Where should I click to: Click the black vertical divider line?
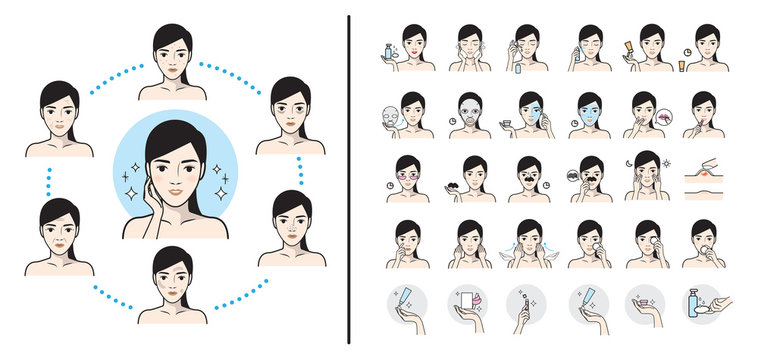tap(349, 180)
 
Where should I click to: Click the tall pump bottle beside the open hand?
tap(694, 305)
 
